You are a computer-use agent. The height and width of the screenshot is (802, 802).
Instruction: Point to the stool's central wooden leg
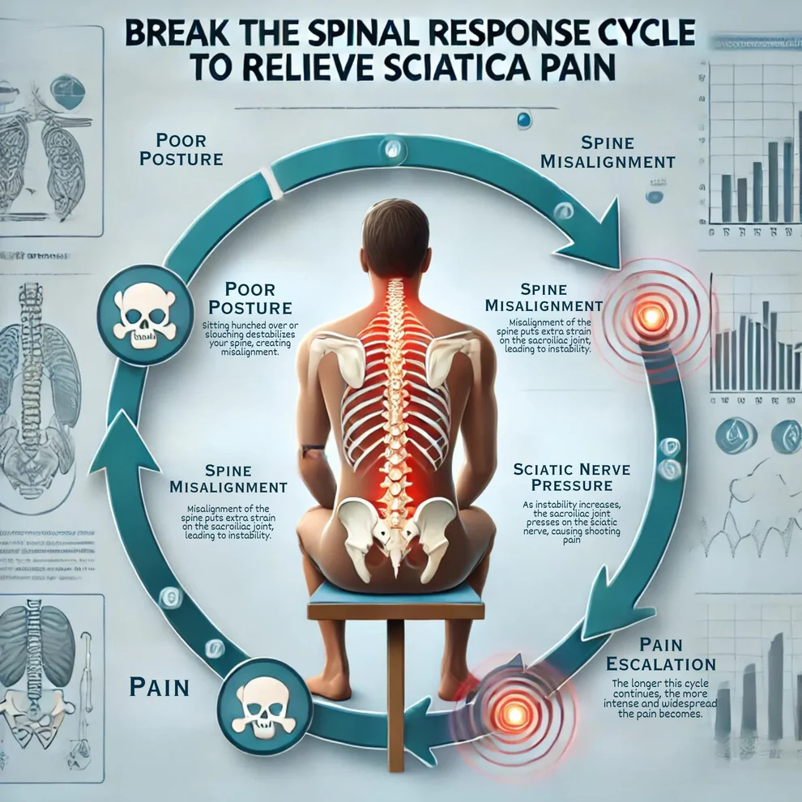(x=395, y=697)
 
